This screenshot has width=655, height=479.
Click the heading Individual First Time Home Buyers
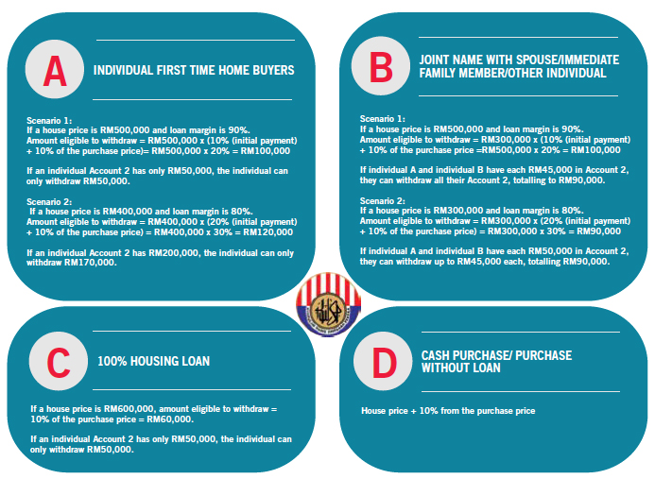194,70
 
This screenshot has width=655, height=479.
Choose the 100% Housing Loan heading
154,361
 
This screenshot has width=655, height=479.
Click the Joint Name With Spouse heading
519,66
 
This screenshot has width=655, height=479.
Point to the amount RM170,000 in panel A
94,263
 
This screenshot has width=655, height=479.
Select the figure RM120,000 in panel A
268,231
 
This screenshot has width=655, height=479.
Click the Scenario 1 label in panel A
49,121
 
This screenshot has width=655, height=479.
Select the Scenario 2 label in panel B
380,200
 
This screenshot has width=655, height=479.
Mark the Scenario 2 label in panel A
49,201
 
